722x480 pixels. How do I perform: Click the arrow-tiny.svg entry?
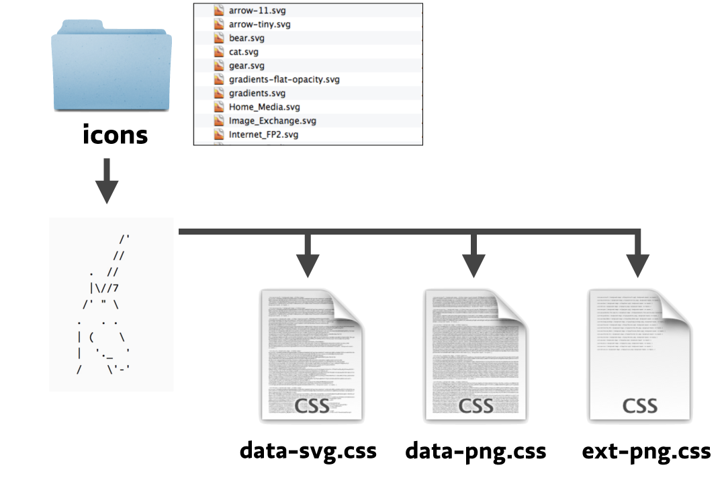click(260, 24)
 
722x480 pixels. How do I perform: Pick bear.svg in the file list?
click(246, 38)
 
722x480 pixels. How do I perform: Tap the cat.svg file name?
click(243, 52)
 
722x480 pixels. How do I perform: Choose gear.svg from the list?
click(246, 66)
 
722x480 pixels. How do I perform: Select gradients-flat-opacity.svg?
click(284, 79)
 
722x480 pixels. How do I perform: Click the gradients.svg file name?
click(257, 93)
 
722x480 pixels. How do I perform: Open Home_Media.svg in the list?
click(264, 107)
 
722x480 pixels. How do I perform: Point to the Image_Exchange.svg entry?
click(272, 121)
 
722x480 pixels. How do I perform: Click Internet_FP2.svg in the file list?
click(263, 134)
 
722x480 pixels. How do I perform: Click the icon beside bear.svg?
click(218, 38)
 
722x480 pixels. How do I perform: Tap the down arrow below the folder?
click(107, 182)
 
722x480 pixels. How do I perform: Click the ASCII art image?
click(111, 305)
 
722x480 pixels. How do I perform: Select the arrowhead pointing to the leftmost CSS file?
click(308, 265)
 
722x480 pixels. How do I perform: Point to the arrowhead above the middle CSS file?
click(473, 265)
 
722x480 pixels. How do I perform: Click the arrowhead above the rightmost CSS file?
click(638, 265)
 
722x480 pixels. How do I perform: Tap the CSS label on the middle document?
click(476, 406)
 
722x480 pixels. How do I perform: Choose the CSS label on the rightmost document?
click(639, 406)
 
